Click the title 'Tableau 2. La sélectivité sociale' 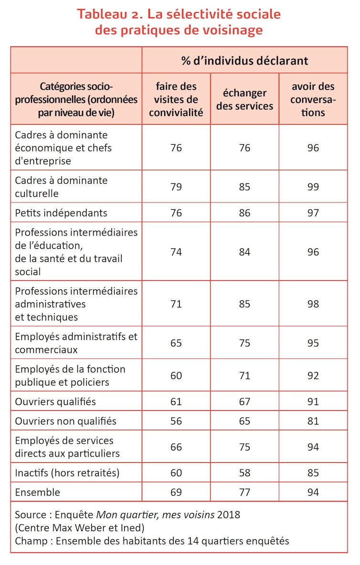179,14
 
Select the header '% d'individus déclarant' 244,61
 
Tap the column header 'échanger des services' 244,99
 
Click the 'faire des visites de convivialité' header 176,99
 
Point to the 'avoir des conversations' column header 313,99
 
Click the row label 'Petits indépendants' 61,213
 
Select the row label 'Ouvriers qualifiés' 55,401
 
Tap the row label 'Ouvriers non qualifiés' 65,421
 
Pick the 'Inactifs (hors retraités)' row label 67,473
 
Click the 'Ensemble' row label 38,492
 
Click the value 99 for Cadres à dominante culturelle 313,187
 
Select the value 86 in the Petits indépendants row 244,213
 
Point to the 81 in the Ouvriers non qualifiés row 313,421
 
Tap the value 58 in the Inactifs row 244,473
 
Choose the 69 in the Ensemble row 176,492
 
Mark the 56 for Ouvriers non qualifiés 176,421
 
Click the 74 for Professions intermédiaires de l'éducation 176,252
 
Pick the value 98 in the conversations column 313,304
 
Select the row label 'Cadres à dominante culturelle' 61,187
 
